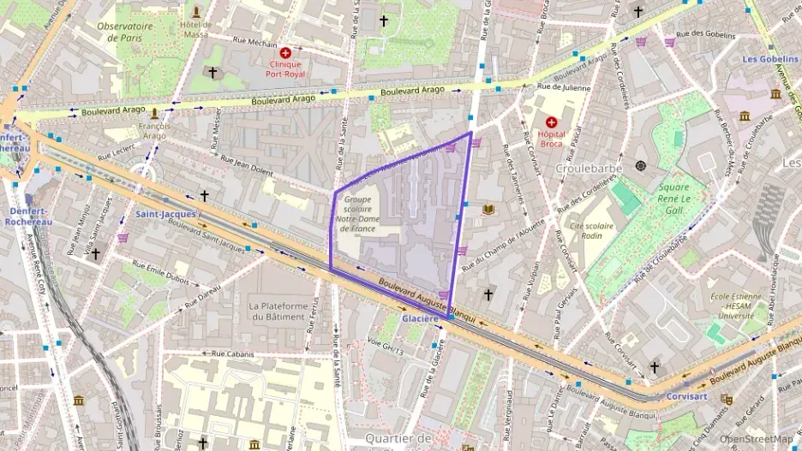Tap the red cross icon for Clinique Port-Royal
click(x=297, y=53)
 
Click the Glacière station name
click(x=420, y=318)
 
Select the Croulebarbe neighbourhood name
click(x=587, y=169)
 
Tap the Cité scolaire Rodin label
click(x=593, y=231)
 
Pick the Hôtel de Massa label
click(x=195, y=29)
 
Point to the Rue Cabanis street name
click(x=230, y=353)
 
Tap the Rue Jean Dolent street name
click(x=245, y=164)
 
